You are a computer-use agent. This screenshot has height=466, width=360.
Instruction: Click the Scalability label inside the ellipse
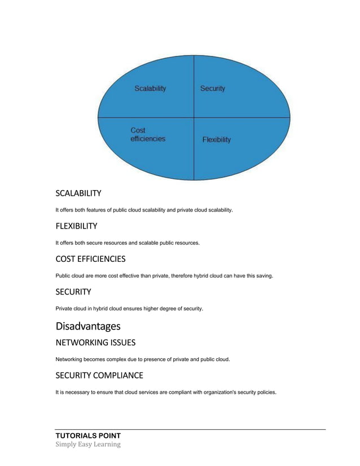pos(150,89)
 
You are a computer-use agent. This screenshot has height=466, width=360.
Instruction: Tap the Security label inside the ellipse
pos(213,89)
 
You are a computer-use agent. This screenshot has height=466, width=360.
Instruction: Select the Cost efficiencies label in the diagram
pos(148,134)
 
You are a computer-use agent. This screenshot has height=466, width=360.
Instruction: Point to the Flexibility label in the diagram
pos(217,139)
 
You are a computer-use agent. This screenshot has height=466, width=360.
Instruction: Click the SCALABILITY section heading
pos(78,194)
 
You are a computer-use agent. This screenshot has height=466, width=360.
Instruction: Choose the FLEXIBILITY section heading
pos(76,226)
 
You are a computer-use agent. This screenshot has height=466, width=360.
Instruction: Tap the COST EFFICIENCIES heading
pos(90,259)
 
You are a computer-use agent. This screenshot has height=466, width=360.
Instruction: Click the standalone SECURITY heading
pos(73,292)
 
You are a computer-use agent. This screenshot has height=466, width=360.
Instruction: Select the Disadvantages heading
pos(87,326)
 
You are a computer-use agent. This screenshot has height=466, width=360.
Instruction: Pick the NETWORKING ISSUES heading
pos(95,342)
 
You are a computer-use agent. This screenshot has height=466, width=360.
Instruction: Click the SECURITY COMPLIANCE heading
pos(99,375)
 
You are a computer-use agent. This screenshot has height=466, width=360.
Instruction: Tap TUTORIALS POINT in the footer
pos(88,436)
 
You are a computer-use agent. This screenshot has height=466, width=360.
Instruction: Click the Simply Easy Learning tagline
pos(88,444)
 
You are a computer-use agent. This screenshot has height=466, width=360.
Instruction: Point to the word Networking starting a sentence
pos(70,359)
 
